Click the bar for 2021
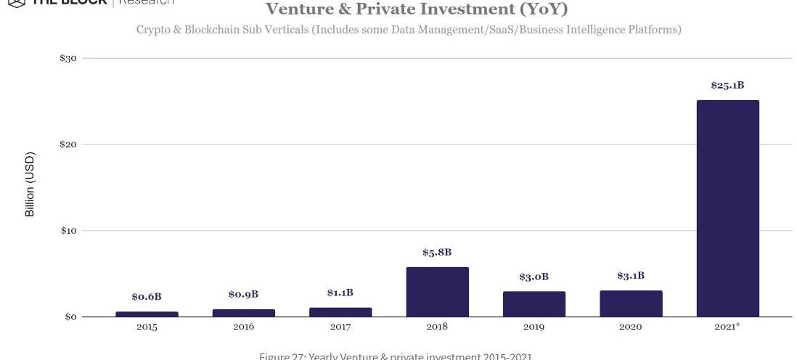coord(727,208)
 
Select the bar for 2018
coord(437,292)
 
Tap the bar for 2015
coord(147,314)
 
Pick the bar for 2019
coord(534,304)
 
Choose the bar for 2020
coord(631,303)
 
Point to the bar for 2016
coord(243,313)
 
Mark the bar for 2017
coord(340,312)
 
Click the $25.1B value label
coord(727,86)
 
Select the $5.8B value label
coord(437,253)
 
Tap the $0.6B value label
coord(147,297)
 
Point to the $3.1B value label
coord(631,276)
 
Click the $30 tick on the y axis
coord(68,58)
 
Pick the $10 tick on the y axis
coord(68,231)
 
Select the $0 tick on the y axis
coord(71,317)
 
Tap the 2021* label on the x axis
coord(728,327)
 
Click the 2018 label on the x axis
coord(437,327)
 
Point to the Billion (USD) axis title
coord(30,184)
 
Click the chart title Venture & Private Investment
coord(416,9)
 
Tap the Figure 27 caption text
coord(395,356)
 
